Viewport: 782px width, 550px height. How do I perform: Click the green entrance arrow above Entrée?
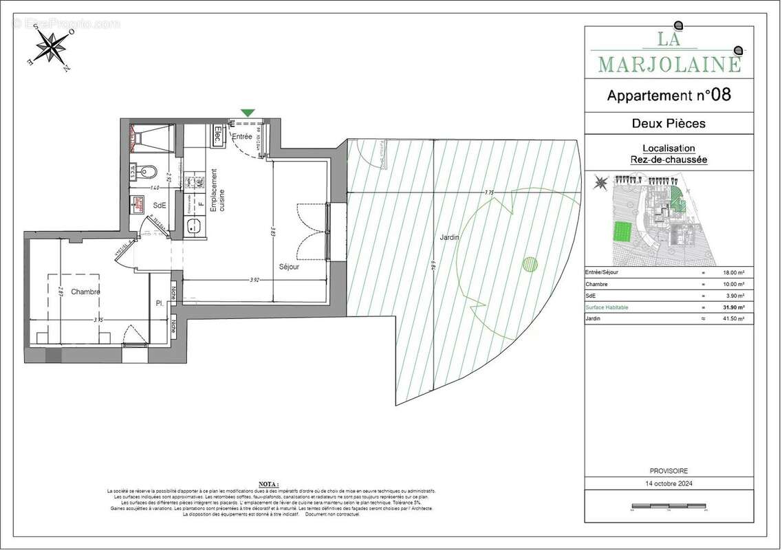248,112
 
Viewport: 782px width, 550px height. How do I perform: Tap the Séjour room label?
289,267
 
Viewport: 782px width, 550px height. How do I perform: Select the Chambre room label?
85,291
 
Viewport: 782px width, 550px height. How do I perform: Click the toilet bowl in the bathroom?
146,171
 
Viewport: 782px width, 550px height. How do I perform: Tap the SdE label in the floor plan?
160,205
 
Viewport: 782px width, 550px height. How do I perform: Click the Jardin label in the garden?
449,237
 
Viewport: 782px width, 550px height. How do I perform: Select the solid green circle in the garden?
530,264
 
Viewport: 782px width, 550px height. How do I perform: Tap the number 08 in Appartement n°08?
721,95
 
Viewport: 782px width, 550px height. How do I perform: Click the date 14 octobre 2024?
668,484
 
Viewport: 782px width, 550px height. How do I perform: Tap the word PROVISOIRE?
668,471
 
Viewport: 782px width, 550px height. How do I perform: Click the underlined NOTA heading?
270,484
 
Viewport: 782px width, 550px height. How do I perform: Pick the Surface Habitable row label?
607,307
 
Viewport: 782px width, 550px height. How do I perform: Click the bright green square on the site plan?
622,231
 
